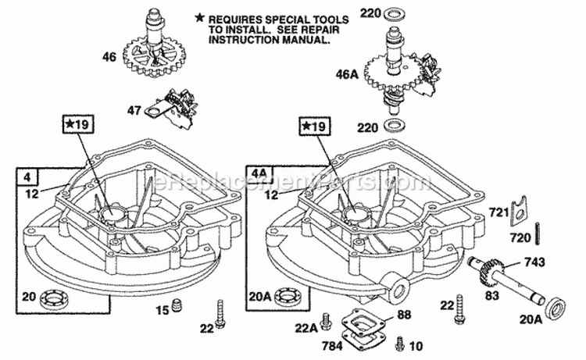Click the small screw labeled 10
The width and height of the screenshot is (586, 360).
point(401,341)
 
